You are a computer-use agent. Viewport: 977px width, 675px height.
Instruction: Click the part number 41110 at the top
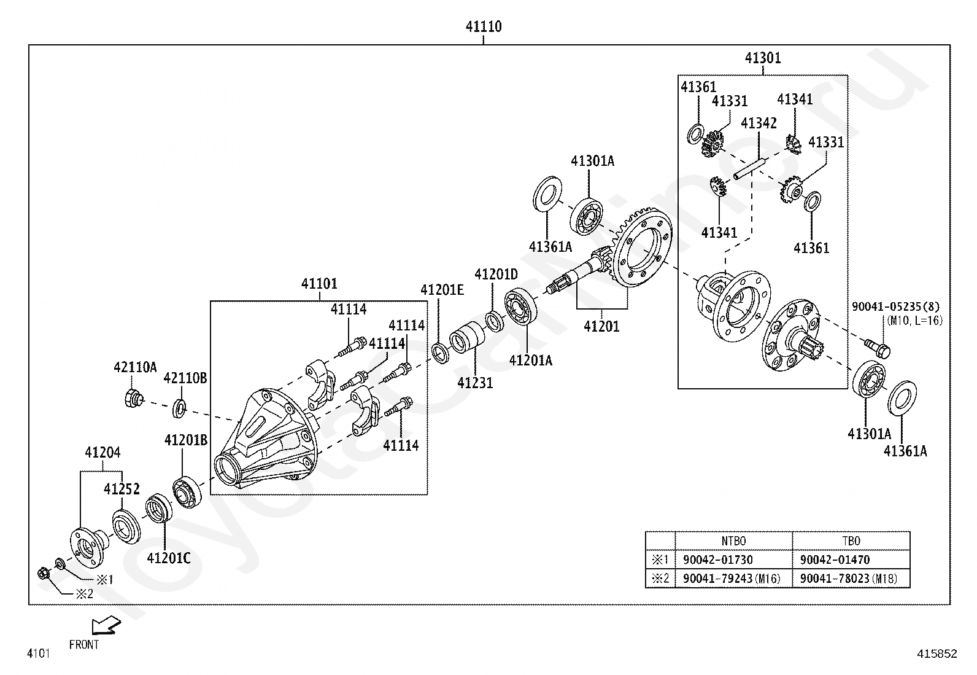[x=483, y=26]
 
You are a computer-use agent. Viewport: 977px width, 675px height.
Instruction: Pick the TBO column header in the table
[x=851, y=541]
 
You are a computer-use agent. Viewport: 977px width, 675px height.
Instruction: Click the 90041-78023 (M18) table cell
[x=848, y=579]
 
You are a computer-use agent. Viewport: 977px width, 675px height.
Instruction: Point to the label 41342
[x=759, y=123]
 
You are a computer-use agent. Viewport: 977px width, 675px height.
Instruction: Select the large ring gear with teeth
[x=642, y=247]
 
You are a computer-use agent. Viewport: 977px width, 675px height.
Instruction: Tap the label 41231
[x=475, y=383]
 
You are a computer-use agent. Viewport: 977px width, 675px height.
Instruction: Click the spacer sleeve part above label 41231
[x=466, y=338]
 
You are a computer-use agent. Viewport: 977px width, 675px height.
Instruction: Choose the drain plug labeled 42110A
[x=133, y=398]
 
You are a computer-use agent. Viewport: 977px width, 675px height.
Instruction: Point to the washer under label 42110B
[x=179, y=408]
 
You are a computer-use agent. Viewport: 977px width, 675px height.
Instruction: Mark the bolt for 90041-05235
[x=877, y=348]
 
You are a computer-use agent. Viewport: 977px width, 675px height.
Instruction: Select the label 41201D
[x=496, y=274]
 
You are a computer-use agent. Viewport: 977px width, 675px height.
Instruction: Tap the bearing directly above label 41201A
[x=520, y=306]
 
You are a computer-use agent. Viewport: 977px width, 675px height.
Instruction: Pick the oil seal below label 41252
[x=126, y=526]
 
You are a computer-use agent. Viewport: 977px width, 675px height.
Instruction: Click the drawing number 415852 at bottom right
[x=937, y=654]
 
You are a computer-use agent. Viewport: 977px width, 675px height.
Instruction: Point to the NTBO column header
[x=733, y=541]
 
